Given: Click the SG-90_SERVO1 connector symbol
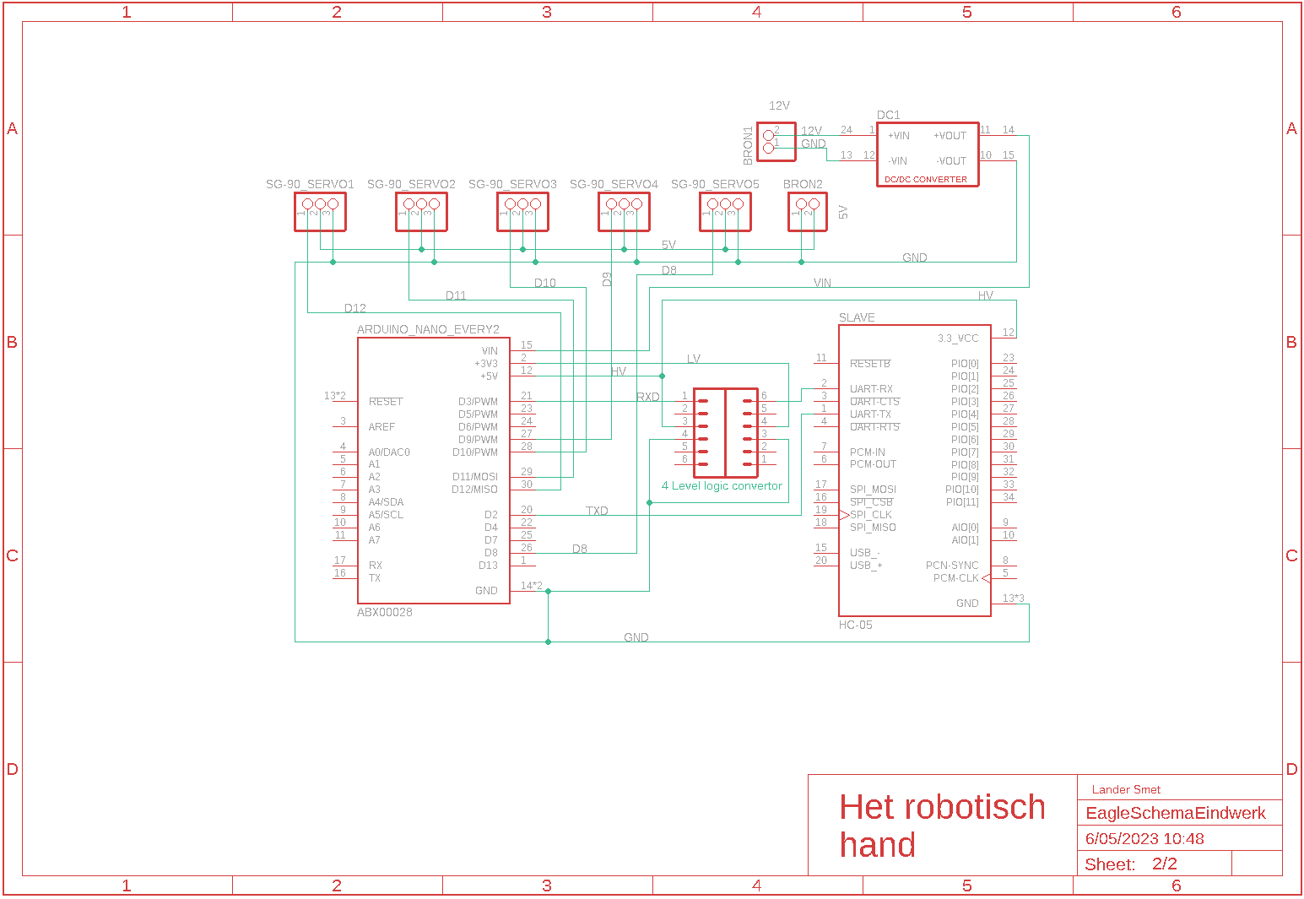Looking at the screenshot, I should [x=320, y=211].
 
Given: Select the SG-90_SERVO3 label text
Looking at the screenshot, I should [x=512, y=184].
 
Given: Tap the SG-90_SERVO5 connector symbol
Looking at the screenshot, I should [x=725, y=211].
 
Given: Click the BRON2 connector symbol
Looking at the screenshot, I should [x=807, y=211].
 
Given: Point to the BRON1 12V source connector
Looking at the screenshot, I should [x=775, y=141].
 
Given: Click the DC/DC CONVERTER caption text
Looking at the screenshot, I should [x=926, y=179].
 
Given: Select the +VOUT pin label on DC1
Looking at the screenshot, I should [x=950, y=136].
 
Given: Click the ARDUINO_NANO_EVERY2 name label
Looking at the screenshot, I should [x=428, y=329].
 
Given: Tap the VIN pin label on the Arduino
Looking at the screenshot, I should [x=490, y=351].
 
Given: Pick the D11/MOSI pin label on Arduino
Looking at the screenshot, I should [x=474, y=477].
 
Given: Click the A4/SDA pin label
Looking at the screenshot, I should [x=386, y=502].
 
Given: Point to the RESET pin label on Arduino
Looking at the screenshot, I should [x=386, y=402].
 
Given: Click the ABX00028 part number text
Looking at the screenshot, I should [x=384, y=612].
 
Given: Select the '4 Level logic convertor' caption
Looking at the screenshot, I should [x=722, y=486].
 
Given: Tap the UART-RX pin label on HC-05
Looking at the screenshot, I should [x=871, y=389].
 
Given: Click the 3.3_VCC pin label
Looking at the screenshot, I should [x=958, y=338].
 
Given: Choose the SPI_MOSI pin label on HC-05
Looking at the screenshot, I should [x=873, y=490].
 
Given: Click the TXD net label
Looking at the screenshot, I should [x=597, y=511].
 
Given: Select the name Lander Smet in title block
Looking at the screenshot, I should [x=1126, y=789].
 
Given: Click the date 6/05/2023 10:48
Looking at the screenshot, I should [x=1144, y=838].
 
